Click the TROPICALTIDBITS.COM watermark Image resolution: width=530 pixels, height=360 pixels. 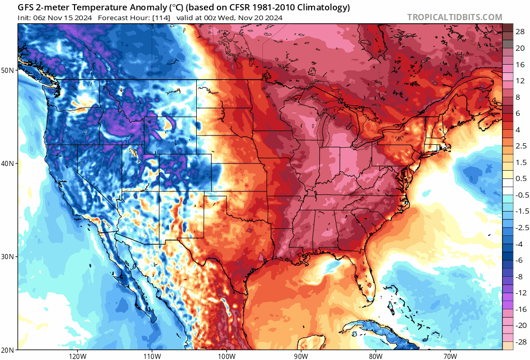pyautogui.click(x=454, y=17)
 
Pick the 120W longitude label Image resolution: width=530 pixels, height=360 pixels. pyautogui.click(x=77, y=356)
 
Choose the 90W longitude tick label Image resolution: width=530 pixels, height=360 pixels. pyautogui.click(x=301, y=356)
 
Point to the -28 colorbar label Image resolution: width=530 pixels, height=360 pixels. pyautogui.click(x=517, y=342)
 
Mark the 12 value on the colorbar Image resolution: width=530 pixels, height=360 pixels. pyautogui.click(x=518, y=81)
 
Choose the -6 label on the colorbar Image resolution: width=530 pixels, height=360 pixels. pyautogui.click(x=517, y=260)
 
